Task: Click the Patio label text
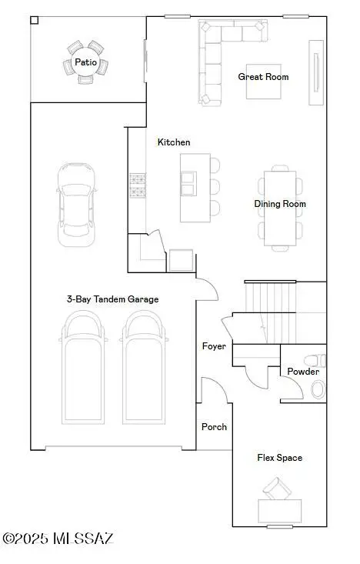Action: [85, 62]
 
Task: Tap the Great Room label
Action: [263, 77]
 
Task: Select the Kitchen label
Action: [174, 142]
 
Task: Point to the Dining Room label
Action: [280, 204]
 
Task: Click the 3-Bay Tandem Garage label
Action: [112, 299]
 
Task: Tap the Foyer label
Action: [214, 346]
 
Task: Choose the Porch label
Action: [214, 427]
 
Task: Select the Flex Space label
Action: [280, 458]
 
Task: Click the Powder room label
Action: [303, 371]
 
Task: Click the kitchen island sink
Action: [188, 184]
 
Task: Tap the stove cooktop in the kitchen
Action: [138, 185]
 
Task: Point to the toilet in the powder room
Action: [315, 360]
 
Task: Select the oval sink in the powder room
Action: [318, 389]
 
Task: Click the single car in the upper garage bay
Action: [77, 205]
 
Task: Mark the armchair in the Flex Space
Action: [277, 489]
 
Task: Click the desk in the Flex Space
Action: [280, 511]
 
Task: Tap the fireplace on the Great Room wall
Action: [316, 72]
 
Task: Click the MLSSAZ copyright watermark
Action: [58, 539]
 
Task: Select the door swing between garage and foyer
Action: [208, 289]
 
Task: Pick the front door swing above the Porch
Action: [215, 390]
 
